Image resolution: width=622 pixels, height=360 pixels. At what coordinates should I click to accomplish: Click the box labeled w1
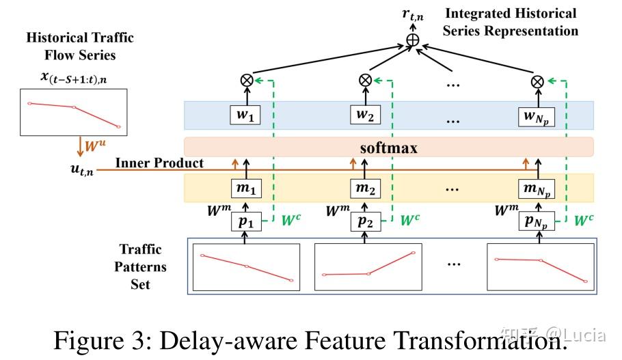tap(244, 116)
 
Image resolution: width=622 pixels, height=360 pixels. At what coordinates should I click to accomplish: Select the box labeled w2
tap(364, 116)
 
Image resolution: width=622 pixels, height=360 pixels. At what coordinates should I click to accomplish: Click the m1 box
tap(244, 187)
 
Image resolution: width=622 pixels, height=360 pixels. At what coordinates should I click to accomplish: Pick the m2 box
tap(364, 187)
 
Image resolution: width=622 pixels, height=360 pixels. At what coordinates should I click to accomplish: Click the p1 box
tap(244, 222)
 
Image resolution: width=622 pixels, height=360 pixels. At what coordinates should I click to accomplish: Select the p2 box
tap(364, 222)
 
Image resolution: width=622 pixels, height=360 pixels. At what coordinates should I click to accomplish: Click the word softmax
tap(389, 148)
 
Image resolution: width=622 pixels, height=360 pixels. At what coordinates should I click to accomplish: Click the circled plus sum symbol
tap(413, 40)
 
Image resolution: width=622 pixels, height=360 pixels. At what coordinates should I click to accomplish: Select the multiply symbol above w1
tap(245, 81)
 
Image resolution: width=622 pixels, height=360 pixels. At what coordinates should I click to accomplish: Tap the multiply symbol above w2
tap(364, 81)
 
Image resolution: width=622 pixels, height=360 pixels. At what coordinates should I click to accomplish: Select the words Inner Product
tap(159, 163)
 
